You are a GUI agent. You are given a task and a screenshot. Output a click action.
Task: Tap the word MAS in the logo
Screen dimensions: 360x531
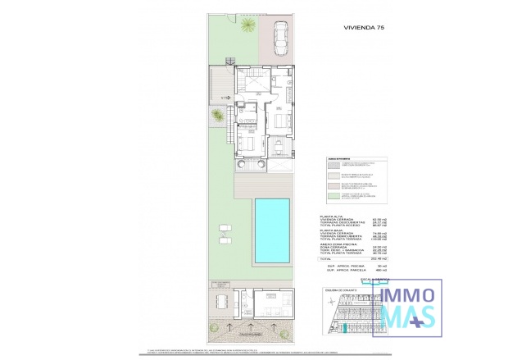point(404,317)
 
